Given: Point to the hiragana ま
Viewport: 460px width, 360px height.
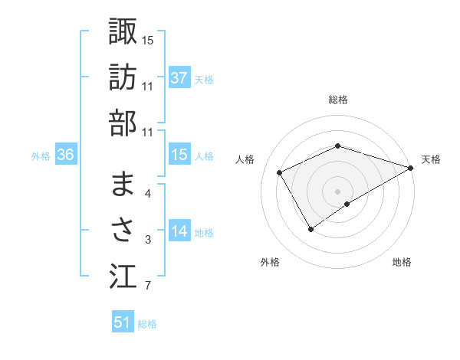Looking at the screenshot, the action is coord(123,184).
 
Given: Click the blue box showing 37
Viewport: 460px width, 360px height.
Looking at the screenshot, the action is coord(179,77).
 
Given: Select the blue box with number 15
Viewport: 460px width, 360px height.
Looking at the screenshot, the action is coord(179,155).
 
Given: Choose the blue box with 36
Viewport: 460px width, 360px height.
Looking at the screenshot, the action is coord(66,155).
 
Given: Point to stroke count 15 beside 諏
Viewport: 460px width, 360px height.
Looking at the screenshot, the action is coord(148,40).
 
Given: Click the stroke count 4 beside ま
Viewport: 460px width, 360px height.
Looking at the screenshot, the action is coord(148,194).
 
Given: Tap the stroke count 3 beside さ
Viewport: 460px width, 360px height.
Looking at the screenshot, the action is coord(148,241).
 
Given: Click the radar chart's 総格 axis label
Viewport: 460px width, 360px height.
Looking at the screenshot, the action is coord(338,100).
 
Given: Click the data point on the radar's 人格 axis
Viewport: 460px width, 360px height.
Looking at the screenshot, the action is coord(280,172).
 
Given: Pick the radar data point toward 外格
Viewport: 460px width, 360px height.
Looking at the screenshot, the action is coord(311,228).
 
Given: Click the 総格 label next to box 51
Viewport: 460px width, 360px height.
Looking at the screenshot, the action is coord(147,324).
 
